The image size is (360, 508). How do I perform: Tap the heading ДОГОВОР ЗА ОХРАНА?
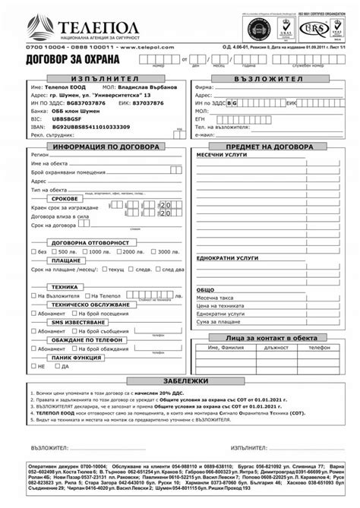(x=68, y=58)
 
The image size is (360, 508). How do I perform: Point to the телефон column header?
(x=318, y=347)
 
